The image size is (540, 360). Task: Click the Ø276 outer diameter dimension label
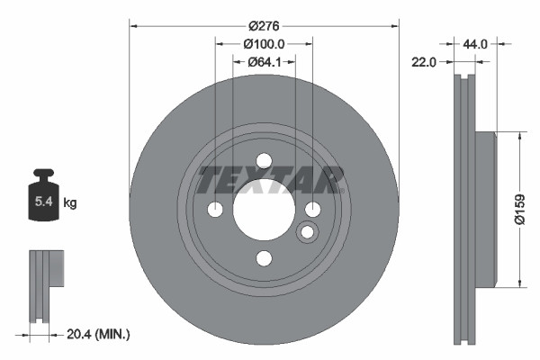point(263,26)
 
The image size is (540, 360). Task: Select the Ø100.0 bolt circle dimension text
point(264,44)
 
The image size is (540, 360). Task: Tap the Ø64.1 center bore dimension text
point(264,62)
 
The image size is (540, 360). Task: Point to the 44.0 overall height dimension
point(475,43)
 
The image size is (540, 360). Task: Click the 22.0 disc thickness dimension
point(424,62)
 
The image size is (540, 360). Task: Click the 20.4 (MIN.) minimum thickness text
point(99,334)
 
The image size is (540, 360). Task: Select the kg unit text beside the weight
point(70,203)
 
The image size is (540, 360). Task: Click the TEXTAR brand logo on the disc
point(270,180)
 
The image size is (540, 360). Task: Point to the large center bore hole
point(264,210)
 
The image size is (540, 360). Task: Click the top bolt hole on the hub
point(264,161)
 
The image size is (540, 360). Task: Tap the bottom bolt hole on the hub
point(264,258)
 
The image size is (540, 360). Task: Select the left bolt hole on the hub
point(215,210)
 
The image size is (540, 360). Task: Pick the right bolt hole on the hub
point(312,210)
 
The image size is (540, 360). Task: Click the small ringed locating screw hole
point(307,233)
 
